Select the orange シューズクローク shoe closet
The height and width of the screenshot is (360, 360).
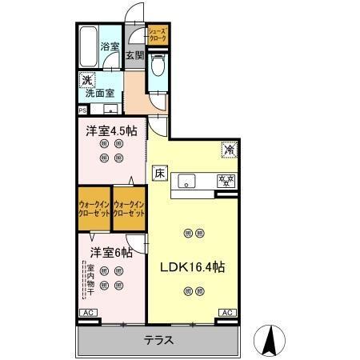(157, 34)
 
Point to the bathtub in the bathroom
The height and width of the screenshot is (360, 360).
(88, 46)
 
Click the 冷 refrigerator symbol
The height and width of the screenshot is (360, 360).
(229, 149)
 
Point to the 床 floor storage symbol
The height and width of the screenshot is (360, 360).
(158, 172)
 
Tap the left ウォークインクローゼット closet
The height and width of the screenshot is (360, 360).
(94, 210)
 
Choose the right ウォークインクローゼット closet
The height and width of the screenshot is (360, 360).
(130, 210)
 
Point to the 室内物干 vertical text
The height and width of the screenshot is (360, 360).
(91, 279)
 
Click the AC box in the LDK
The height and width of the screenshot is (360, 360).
(226, 313)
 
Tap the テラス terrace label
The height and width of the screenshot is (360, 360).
(158, 340)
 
